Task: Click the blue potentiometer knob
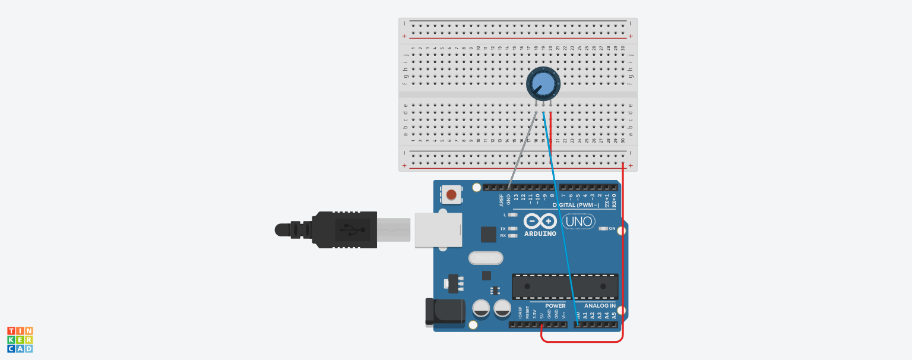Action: point(543,83)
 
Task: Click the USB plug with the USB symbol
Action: point(344,229)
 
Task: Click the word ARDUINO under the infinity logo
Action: point(540,233)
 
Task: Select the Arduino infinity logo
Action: point(540,222)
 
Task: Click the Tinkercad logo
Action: point(20,339)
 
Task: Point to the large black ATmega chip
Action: point(565,286)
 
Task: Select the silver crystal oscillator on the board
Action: point(485,258)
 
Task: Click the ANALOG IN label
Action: point(596,305)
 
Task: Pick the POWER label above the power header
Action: point(555,305)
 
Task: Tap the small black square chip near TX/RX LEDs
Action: point(488,235)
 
